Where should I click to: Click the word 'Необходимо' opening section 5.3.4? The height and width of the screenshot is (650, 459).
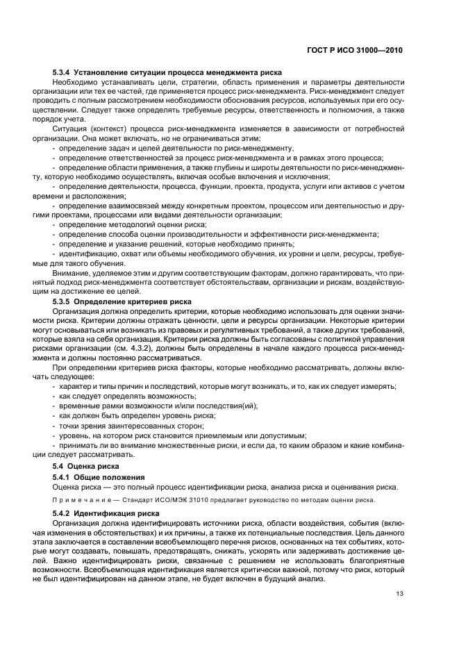[x=76, y=83]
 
